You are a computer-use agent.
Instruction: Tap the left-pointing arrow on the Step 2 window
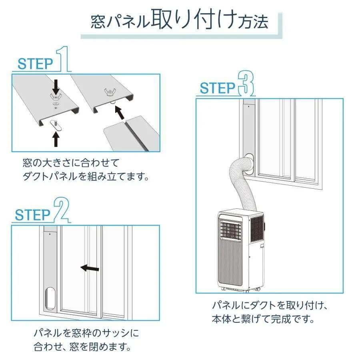click(90, 268)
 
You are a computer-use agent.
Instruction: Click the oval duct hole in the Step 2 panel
click(51, 298)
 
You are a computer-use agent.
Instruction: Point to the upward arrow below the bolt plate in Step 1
click(56, 139)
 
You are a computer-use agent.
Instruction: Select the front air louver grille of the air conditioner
click(231, 231)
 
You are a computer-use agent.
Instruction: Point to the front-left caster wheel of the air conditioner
click(222, 288)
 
